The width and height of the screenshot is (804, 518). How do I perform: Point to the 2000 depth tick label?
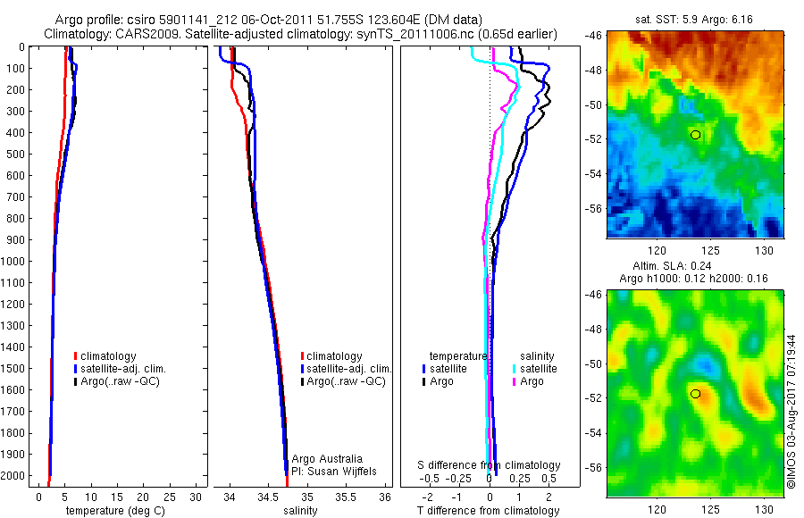[x=13, y=475]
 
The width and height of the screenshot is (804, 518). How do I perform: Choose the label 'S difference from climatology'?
[x=490, y=465]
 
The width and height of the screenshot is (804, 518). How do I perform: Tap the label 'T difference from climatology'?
[x=490, y=511]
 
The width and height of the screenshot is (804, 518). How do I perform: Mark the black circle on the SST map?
[x=695, y=135]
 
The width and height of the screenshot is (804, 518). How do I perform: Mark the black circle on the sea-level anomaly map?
[x=695, y=393]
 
